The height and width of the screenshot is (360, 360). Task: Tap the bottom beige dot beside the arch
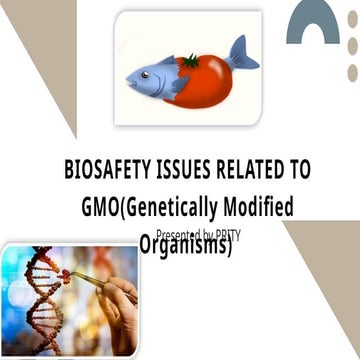pos(352,72)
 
